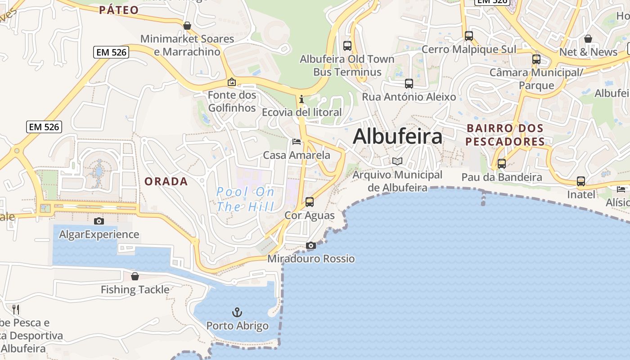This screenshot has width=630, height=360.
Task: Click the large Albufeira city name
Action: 397,137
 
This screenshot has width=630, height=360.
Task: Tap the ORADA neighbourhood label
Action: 166,181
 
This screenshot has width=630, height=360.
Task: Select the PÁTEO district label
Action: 119,10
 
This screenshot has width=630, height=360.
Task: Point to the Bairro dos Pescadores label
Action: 505,135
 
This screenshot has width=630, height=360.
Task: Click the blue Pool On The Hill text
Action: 245,199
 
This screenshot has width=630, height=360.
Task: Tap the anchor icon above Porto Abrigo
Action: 237,312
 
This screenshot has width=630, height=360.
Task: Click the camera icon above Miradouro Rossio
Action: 310,245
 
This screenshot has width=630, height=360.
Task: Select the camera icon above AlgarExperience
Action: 99,221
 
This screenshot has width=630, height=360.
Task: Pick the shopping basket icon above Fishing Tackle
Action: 135,276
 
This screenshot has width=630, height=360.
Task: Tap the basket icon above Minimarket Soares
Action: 187,26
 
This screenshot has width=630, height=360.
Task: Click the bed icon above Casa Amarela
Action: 297,142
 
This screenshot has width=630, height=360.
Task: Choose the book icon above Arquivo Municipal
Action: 397,161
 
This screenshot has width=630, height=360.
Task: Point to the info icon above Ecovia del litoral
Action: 301,99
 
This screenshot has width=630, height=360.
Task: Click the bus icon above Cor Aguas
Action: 310,202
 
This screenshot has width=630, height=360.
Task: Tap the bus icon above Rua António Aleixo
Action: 409,84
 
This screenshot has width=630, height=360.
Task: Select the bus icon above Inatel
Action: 581,181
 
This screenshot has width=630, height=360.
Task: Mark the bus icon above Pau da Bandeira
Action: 502,164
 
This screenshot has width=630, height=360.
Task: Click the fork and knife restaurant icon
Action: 16,309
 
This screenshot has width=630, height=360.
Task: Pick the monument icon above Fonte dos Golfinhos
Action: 232,82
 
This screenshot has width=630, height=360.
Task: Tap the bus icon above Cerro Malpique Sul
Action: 469,36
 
